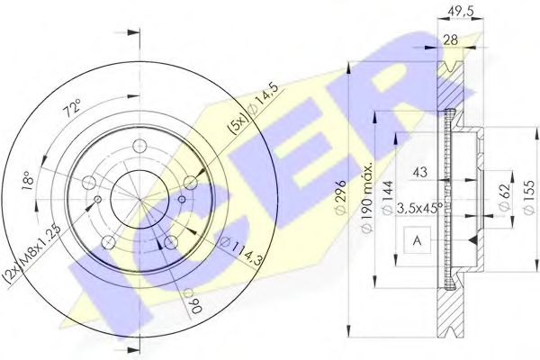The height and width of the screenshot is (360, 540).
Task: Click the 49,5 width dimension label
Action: pos(461,12)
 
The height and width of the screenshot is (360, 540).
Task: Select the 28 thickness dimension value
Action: pos(450,40)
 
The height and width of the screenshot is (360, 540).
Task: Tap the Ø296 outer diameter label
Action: pos(341,197)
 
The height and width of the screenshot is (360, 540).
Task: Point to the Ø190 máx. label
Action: pos(367,198)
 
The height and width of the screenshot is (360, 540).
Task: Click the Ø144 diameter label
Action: pos(388,198)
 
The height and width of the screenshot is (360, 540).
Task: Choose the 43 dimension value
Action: pos(419,172)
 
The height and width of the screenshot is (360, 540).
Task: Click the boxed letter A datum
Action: pos(417,240)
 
